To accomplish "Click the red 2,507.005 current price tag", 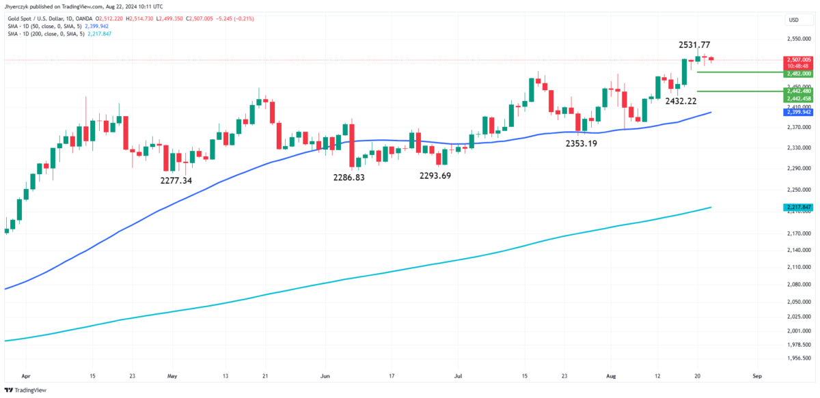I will (x=797, y=61).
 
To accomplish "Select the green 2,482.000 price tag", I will (x=797, y=73).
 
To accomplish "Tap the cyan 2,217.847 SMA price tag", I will (x=797, y=207).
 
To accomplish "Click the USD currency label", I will (x=794, y=20).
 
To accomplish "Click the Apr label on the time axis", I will (x=25, y=375).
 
